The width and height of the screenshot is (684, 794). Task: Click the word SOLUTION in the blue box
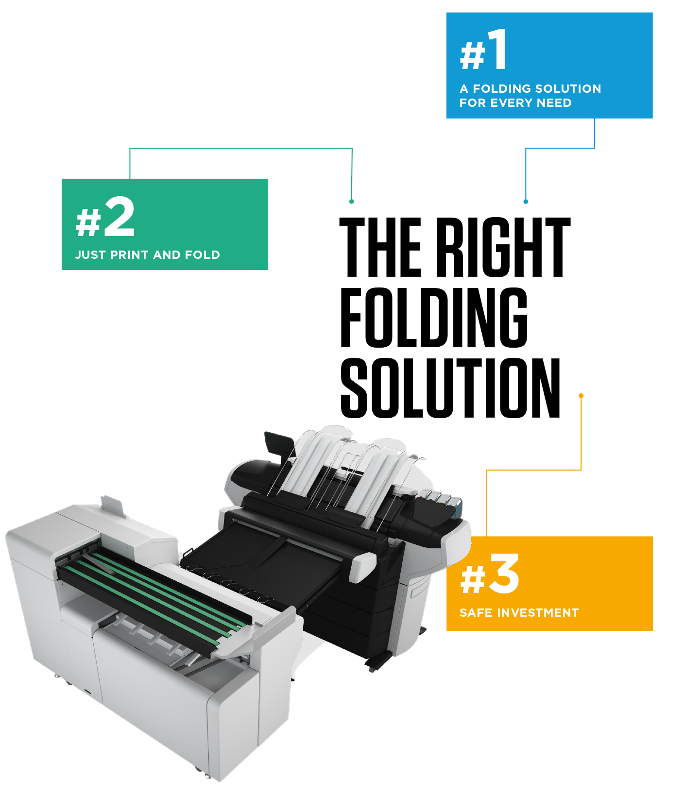568,89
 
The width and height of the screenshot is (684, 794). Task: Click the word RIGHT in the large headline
502,247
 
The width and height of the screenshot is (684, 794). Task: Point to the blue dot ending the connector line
526,201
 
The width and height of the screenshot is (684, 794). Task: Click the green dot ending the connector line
352,201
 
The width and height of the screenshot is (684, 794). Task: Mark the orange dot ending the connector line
581,396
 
